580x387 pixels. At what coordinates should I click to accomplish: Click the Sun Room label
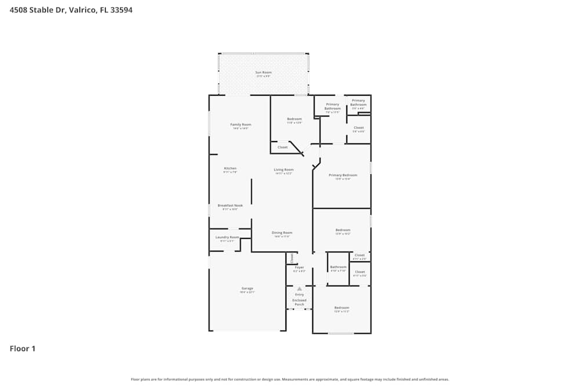(x=263, y=73)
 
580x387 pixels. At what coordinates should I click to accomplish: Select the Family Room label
(x=240, y=125)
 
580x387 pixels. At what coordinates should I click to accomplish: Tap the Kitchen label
(x=230, y=168)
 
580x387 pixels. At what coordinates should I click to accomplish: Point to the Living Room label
(x=284, y=169)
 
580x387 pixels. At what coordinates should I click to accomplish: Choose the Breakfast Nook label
(x=230, y=205)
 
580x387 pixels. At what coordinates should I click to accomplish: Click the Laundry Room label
(x=227, y=237)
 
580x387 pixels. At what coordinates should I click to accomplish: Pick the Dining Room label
(x=282, y=233)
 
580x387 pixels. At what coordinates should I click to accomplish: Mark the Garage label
(x=247, y=288)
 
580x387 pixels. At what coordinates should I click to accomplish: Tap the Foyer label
(x=299, y=267)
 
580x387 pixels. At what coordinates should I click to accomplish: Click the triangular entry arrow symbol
(x=299, y=288)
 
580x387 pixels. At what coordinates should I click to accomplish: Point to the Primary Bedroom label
(x=343, y=175)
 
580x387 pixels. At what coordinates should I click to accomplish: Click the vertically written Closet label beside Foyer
(x=292, y=257)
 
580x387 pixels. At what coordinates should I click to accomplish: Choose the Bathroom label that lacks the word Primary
(x=338, y=267)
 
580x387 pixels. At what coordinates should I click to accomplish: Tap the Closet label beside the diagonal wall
(x=282, y=147)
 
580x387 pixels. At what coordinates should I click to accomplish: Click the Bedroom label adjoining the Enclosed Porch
(x=342, y=308)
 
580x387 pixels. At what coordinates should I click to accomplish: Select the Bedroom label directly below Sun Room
(x=294, y=119)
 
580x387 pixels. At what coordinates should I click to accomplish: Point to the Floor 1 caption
(x=23, y=349)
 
